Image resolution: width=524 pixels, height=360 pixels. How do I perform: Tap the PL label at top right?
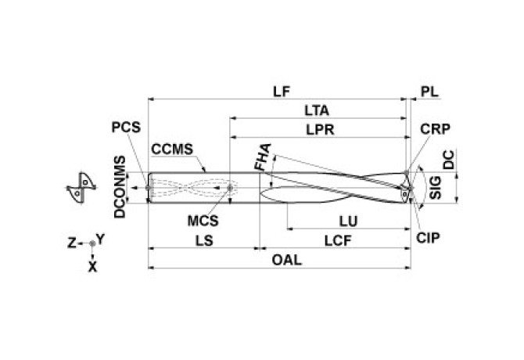(429, 91)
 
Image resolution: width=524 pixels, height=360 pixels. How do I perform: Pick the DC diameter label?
(447, 160)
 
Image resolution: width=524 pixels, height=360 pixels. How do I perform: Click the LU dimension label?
(343, 223)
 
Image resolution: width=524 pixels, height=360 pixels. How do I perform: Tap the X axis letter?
(92, 266)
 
